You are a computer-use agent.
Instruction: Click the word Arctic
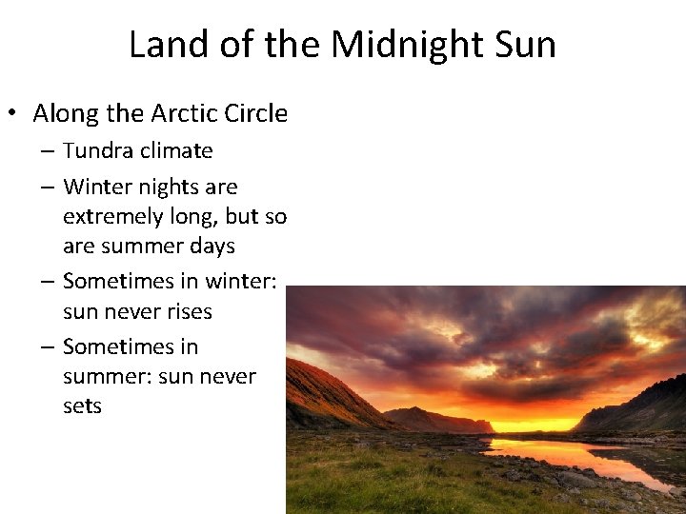(186, 114)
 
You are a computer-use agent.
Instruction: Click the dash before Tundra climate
(47, 151)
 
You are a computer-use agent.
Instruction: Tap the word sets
(82, 405)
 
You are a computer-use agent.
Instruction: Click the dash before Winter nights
(47, 188)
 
